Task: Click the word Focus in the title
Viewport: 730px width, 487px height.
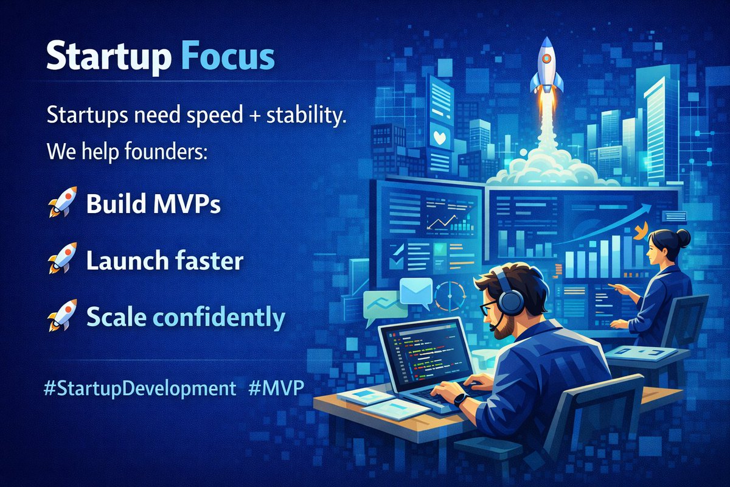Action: pyautogui.click(x=228, y=58)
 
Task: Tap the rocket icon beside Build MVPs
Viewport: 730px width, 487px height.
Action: pyautogui.click(x=61, y=202)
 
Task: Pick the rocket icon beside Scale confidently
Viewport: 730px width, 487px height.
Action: pyautogui.click(x=61, y=315)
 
